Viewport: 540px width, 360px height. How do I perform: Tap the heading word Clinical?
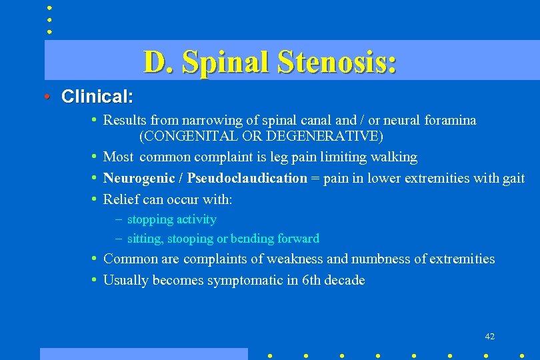pos(97,97)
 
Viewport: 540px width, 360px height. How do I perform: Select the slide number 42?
pos(490,337)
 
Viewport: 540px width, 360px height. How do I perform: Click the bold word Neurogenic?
pos(141,178)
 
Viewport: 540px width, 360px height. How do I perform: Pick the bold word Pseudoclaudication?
pos(247,178)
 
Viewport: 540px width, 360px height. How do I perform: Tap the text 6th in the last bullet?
pos(310,280)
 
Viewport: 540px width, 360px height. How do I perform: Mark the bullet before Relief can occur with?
pos(95,199)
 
